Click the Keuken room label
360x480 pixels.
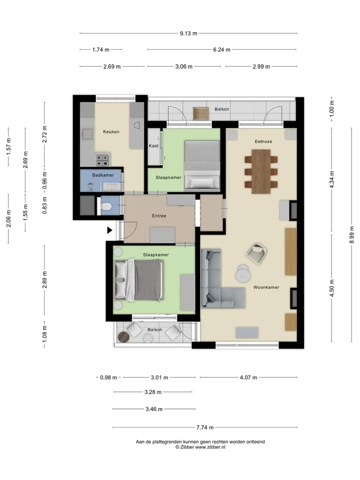click(111, 131)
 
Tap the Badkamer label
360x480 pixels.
click(103, 175)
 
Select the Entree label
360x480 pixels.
click(159, 216)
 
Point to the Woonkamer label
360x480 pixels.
click(266, 287)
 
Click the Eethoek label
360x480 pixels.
click(263, 141)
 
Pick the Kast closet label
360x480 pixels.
click(153, 145)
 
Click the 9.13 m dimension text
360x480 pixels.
click(188, 33)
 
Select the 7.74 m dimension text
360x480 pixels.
click(205, 427)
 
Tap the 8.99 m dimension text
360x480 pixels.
click(351, 235)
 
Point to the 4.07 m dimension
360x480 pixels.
click(248, 377)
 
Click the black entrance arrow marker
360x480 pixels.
click(109, 230)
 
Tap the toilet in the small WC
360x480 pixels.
click(106, 207)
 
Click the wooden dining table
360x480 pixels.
click(261, 171)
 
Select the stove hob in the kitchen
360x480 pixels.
click(102, 159)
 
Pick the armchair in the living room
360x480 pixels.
click(256, 253)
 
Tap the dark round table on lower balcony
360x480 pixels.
click(124, 336)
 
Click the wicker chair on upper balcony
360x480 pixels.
click(201, 113)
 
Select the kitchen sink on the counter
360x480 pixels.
click(87, 134)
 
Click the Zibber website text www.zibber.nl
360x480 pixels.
click(210, 447)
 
